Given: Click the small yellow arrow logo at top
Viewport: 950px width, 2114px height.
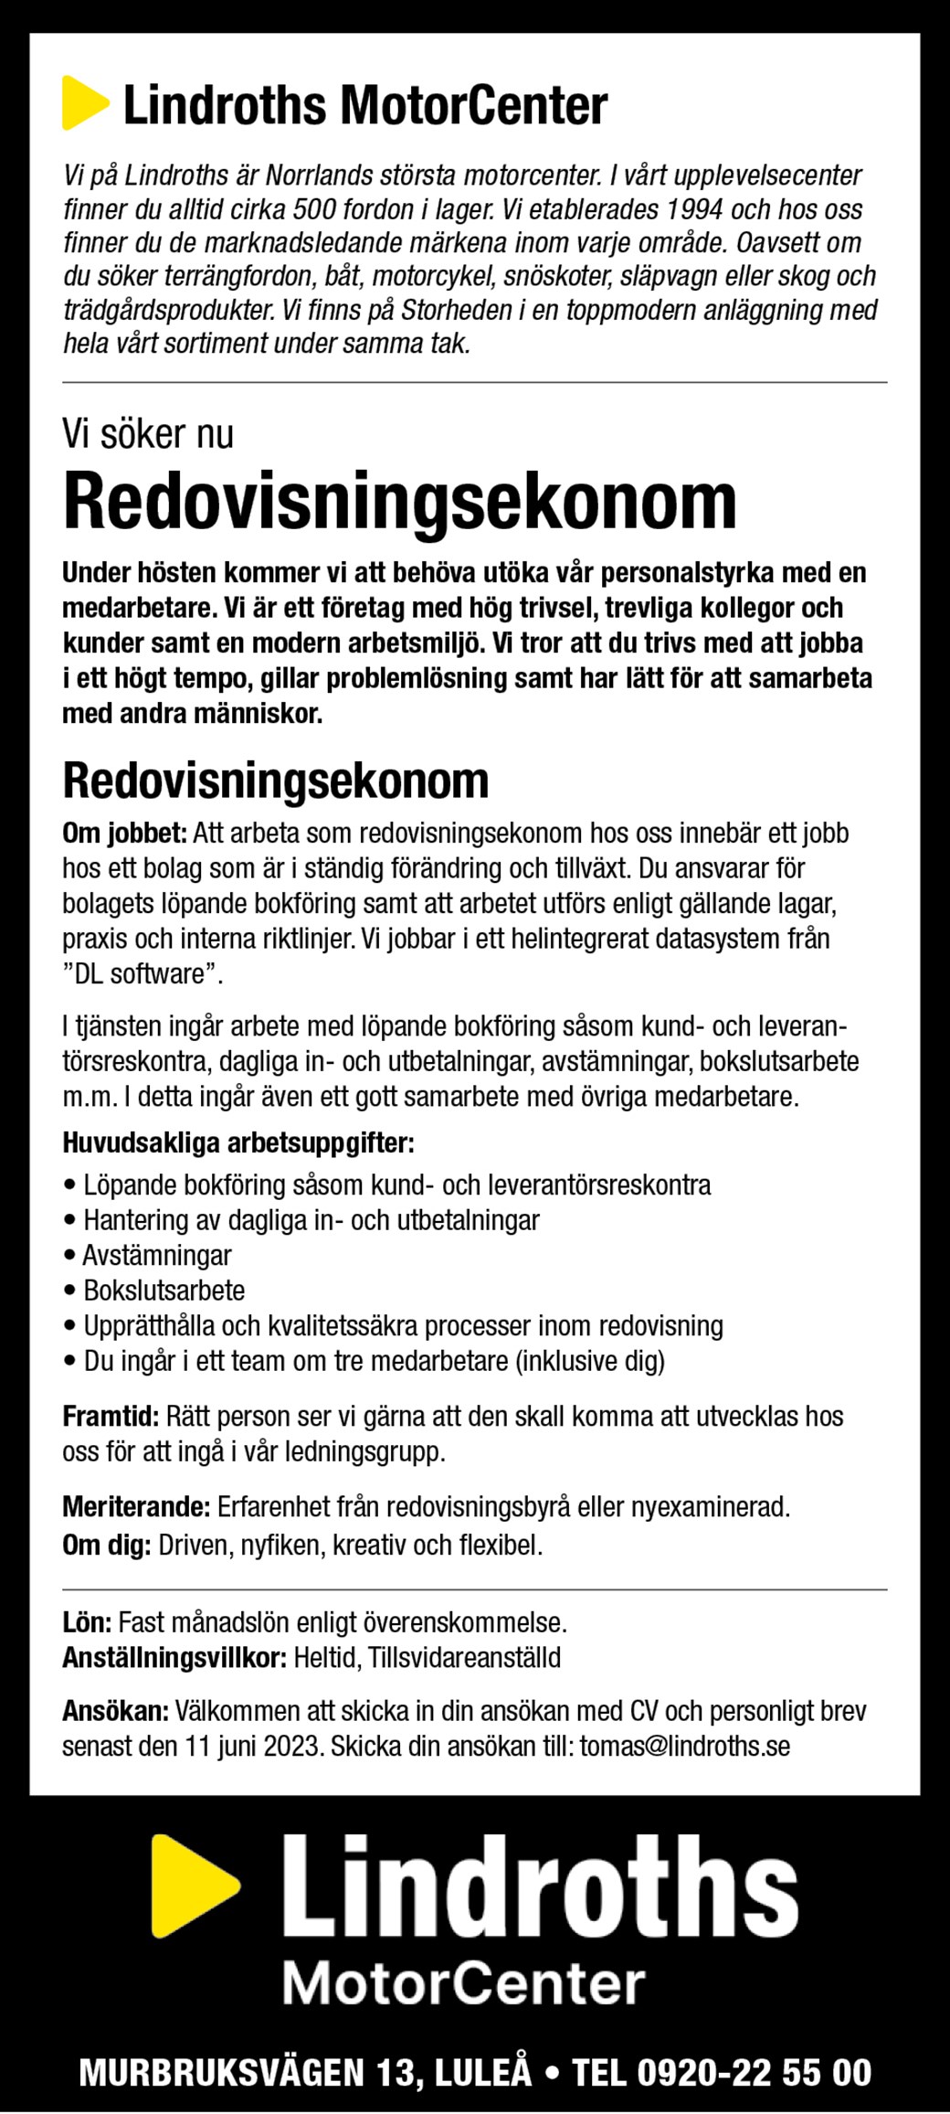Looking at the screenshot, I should (x=83, y=103).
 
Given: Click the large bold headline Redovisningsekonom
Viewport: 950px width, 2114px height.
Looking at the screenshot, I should (x=399, y=502).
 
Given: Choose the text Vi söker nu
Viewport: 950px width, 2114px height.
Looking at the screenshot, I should (x=148, y=433).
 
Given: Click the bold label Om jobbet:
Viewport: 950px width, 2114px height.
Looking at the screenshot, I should (x=124, y=833).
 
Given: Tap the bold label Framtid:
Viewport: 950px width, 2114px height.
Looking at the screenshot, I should (x=111, y=1417).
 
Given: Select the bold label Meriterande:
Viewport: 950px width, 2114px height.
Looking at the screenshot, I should (x=136, y=1507).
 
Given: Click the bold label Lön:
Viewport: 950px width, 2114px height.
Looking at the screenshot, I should (x=87, y=1623).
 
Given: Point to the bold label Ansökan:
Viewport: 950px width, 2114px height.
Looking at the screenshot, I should (x=115, y=1711).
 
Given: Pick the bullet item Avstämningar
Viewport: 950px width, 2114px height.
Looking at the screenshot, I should (x=157, y=1255).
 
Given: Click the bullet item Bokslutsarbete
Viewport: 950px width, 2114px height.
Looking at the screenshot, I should (x=164, y=1291).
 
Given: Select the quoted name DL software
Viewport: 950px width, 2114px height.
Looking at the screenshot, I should (x=143, y=974).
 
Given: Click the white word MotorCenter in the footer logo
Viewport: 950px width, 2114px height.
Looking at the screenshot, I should (x=463, y=1984).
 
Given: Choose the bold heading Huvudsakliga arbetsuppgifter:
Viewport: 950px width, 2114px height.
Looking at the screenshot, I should (x=238, y=1142).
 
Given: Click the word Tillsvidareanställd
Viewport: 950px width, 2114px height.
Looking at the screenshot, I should (x=464, y=1658).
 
